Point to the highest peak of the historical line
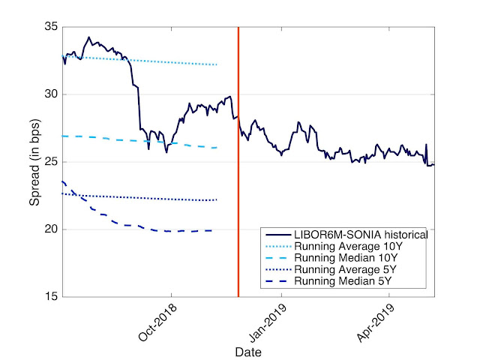(88, 37)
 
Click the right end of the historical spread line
(433, 165)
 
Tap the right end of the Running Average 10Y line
(217, 64)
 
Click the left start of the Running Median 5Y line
(62, 181)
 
